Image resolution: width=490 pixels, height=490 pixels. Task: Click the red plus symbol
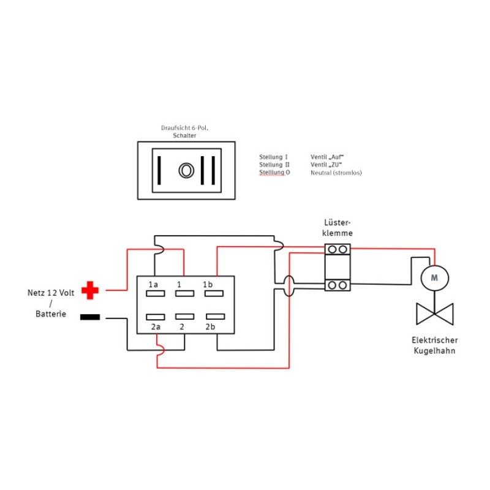[91, 290]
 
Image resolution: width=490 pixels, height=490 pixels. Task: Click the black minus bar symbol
[90, 317]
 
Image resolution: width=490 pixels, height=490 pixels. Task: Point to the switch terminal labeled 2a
[155, 316]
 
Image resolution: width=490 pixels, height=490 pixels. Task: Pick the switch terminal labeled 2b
[213, 316]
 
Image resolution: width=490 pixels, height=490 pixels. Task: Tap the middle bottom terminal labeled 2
[184, 316]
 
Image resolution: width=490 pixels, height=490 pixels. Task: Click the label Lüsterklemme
[338, 228]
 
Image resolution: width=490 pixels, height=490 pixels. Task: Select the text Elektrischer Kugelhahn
[435, 345]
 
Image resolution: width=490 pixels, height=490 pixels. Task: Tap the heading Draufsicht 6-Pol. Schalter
[185, 132]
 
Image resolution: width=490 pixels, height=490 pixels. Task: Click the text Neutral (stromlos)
[336, 173]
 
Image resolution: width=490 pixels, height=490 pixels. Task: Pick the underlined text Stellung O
[274, 173]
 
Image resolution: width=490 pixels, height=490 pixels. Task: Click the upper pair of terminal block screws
[337, 249]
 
